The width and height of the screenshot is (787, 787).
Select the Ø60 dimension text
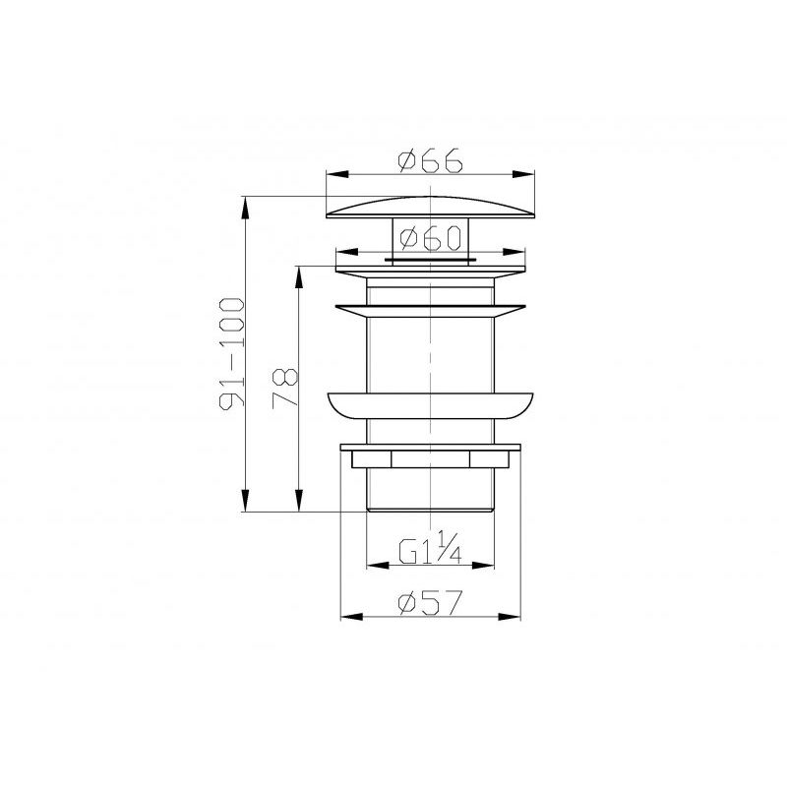pos(433,238)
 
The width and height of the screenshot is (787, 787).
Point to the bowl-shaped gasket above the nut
pos(430,405)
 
